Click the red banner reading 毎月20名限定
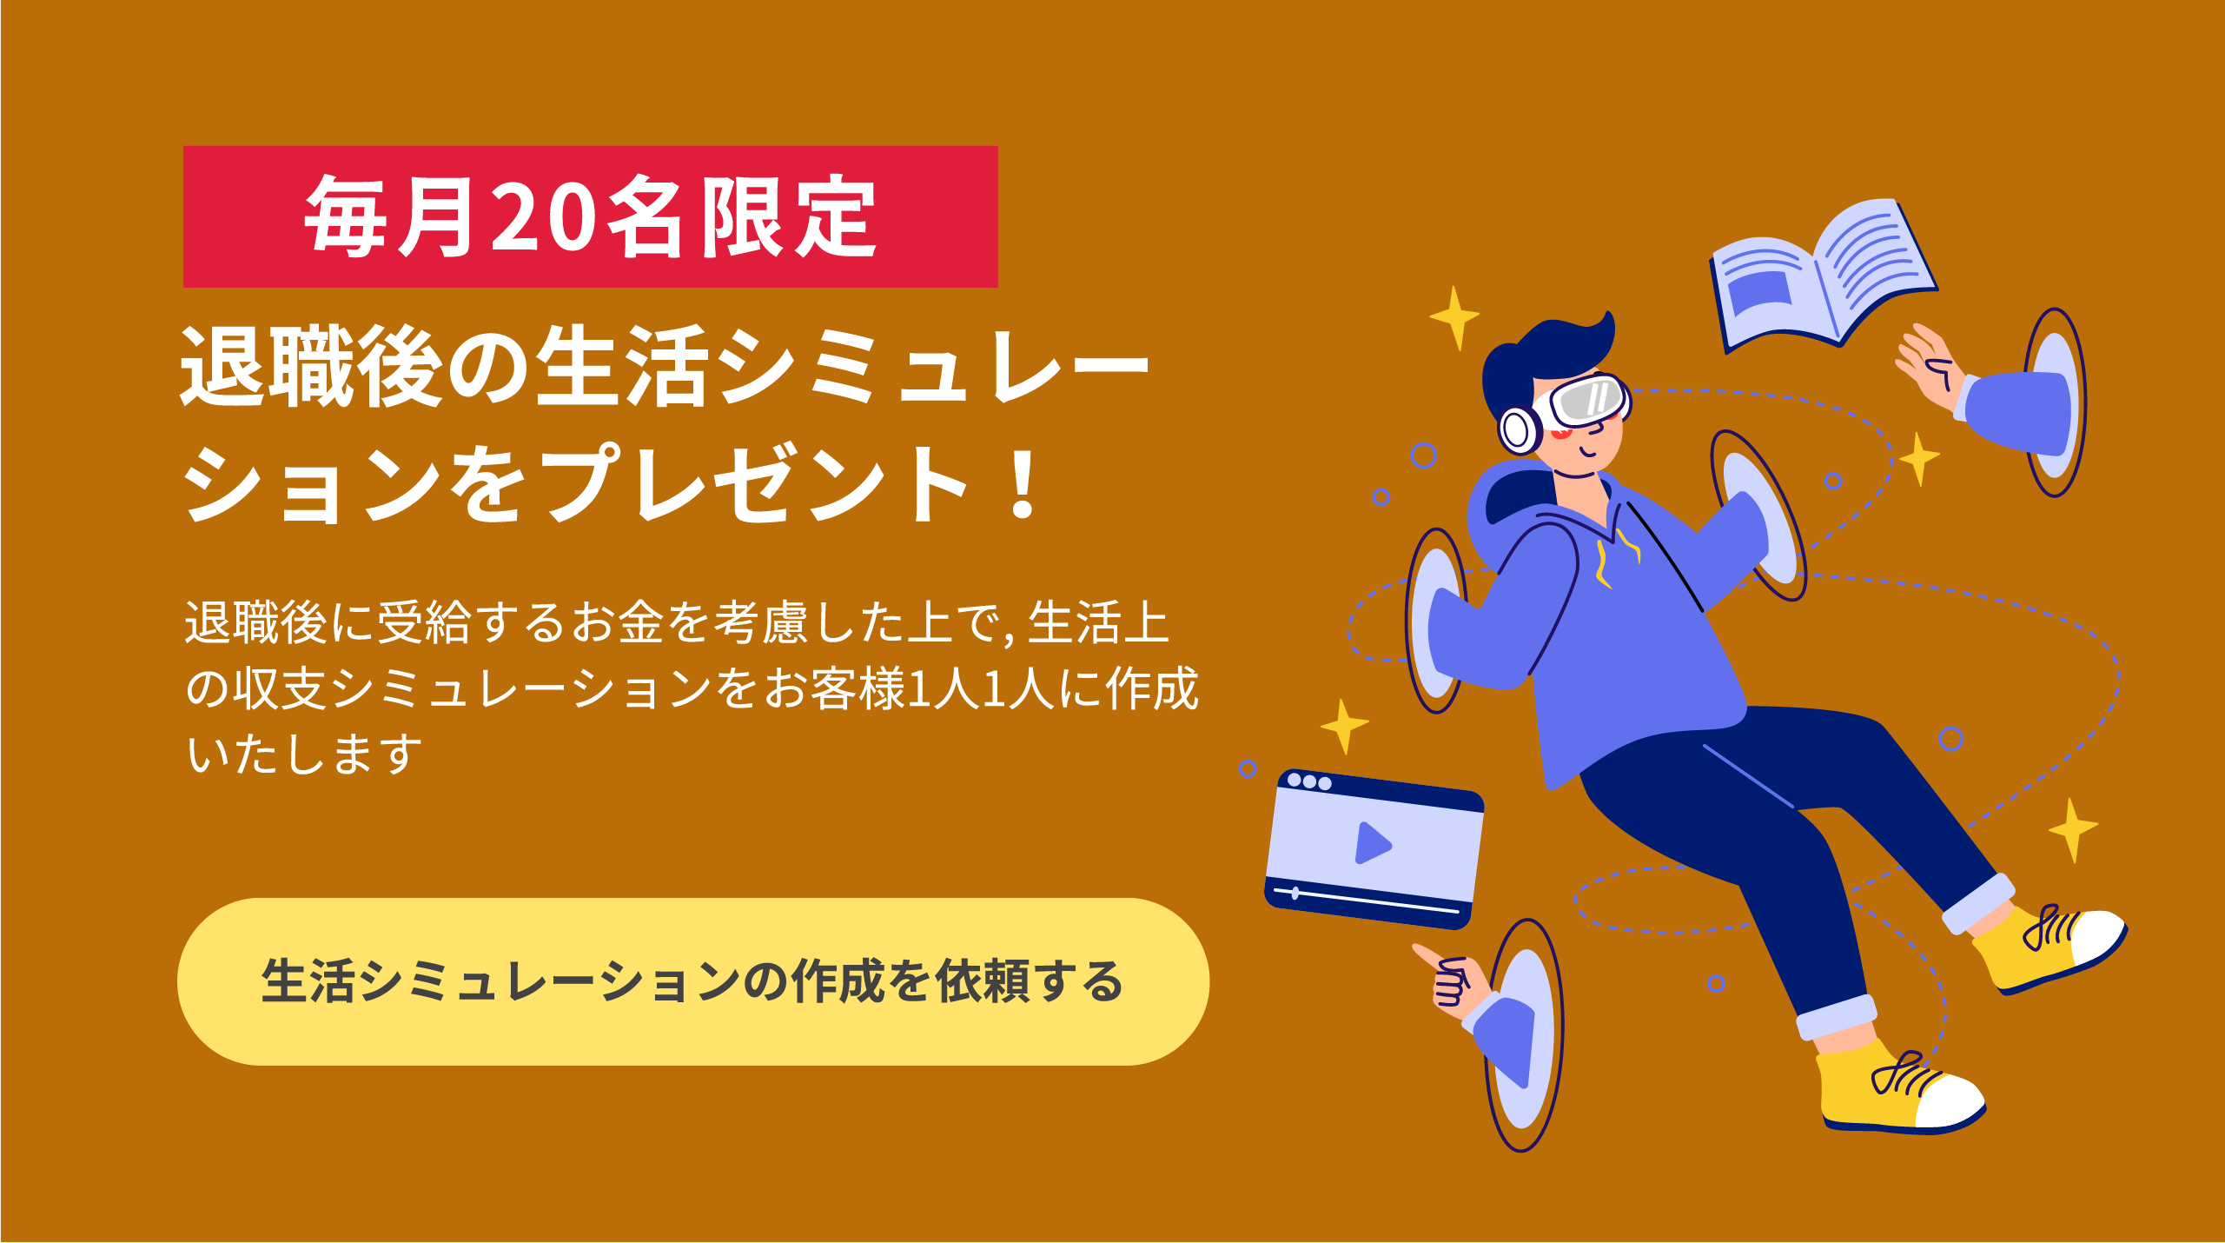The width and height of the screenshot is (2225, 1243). click(x=590, y=216)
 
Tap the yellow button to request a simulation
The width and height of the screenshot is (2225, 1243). click(x=692, y=981)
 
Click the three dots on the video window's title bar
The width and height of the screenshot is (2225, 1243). click(x=1308, y=781)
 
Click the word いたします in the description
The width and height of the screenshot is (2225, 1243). click(x=304, y=754)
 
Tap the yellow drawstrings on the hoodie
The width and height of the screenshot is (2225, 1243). click(x=1617, y=556)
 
